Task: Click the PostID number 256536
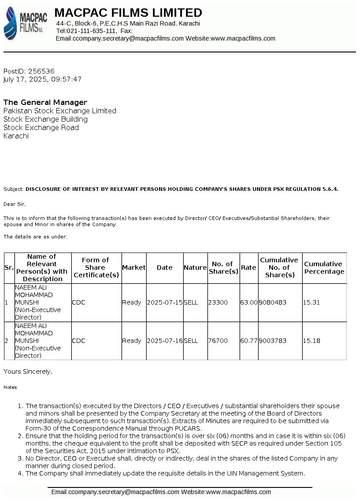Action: [41, 71]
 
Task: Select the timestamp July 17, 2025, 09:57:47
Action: [42, 79]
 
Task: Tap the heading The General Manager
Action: [45, 102]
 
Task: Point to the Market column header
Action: [134, 268]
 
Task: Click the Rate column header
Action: [249, 268]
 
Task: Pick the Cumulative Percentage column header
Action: [324, 268]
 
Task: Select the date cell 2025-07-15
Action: [165, 302]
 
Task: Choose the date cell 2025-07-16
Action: [165, 341]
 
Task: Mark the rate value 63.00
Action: [249, 302]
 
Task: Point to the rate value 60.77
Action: [249, 341]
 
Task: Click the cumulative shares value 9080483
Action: [273, 302]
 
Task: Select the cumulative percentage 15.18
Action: [312, 341]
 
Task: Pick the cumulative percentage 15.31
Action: [312, 302]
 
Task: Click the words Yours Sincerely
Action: [28, 372]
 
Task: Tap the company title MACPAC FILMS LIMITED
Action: [128, 12]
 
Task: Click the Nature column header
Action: [195, 268]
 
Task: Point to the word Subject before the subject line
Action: [13, 189]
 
